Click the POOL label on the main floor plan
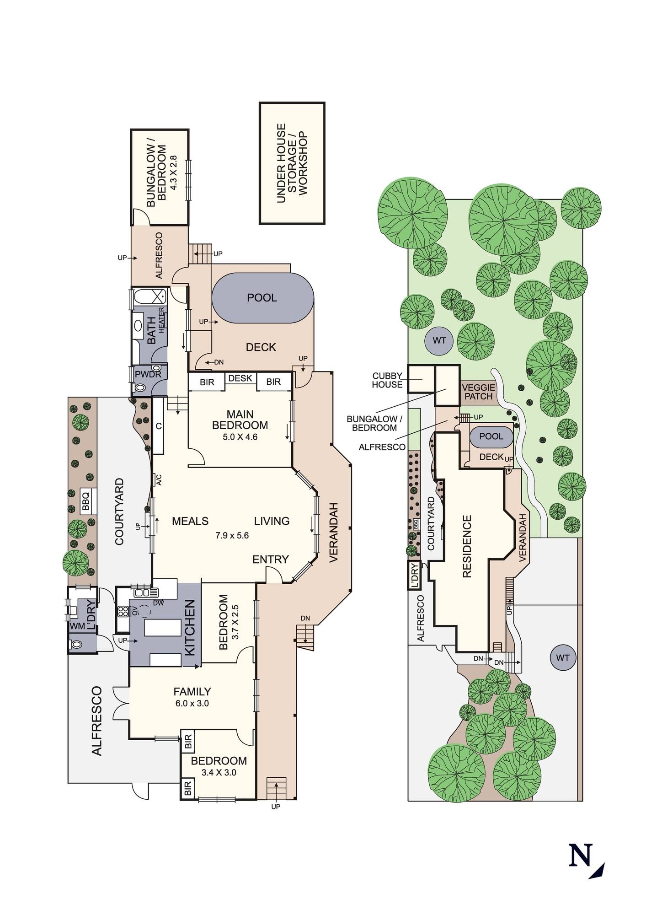(x=262, y=298)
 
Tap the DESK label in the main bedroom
(x=240, y=378)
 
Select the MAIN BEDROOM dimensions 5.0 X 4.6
(x=240, y=437)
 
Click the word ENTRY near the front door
(x=271, y=559)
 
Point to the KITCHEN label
(x=190, y=628)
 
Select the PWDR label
(x=148, y=374)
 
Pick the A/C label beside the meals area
(x=159, y=480)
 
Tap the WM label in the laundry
(x=78, y=626)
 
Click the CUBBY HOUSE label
(x=387, y=381)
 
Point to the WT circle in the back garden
(x=439, y=341)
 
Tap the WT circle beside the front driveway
(x=563, y=658)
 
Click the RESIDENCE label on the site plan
(x=467, y=546)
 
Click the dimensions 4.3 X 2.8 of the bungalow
(x=173, y=172)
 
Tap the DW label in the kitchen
(x=159, y=603)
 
